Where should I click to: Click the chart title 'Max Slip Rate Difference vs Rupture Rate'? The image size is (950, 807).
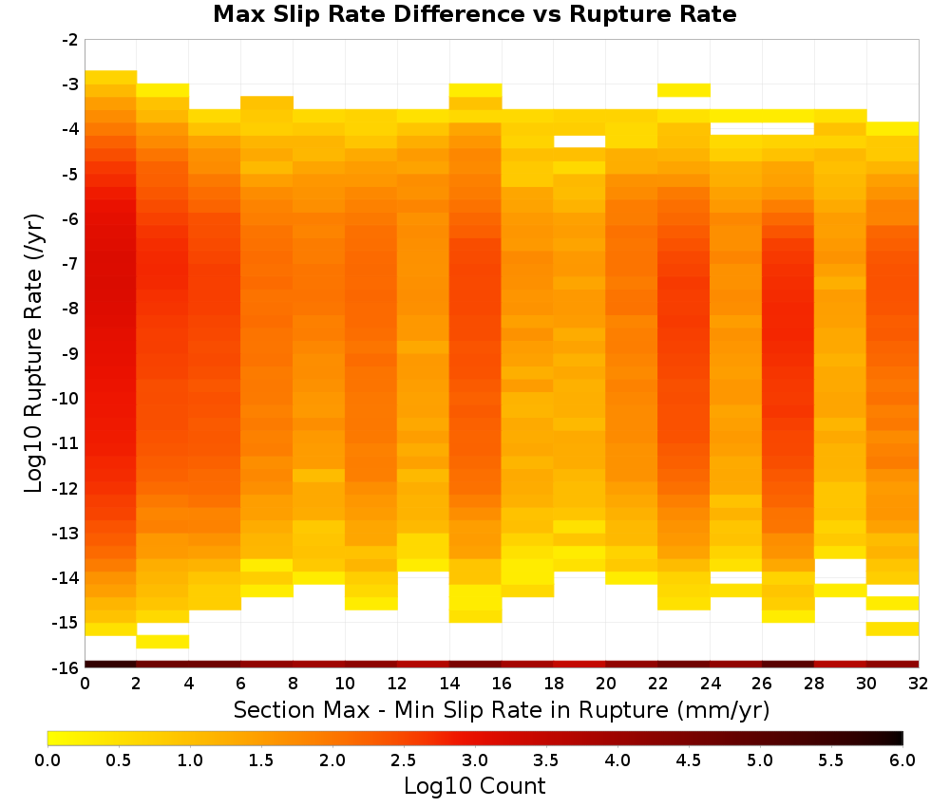point(474,13)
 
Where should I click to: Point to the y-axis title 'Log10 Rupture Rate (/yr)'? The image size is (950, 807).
point(34,353)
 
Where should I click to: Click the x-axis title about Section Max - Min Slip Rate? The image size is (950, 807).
point(502,709)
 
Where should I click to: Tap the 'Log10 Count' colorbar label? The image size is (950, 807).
point(474,786)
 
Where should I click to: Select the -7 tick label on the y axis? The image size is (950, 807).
point(70,264)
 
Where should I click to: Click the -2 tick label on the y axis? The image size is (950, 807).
point(70,40)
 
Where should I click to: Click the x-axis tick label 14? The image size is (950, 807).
point(449,684)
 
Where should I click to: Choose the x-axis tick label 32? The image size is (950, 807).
point(919,684)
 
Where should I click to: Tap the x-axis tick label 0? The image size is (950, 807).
point(85,684)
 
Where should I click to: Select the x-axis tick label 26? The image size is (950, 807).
point(762,684)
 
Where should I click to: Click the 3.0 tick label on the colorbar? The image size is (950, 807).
point(475,760)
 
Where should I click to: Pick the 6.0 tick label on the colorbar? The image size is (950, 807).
point(902,760)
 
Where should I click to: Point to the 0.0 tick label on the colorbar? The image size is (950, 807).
point(47,760)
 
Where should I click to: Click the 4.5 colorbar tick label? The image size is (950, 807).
point(689,760)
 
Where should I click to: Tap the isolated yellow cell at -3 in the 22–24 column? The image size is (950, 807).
point(684,90)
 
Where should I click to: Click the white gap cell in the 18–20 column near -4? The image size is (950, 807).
point(579,141)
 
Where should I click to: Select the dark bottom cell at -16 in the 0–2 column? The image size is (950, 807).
point(111,665)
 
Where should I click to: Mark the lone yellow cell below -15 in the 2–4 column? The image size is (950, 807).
point(163,642)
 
